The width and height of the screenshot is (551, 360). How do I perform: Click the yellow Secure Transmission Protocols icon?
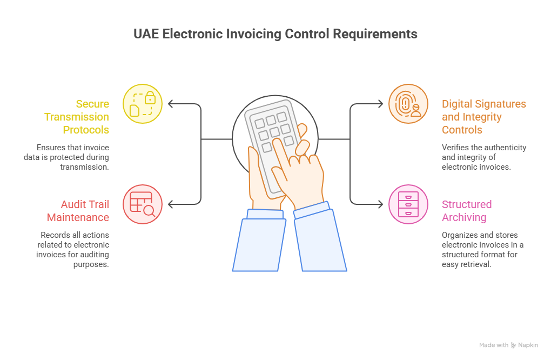click(x=143, y=103)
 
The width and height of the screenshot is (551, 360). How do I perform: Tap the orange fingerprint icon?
click(x=408, y=103)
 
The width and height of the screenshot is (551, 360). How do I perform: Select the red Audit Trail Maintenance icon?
click(x=143, y=204)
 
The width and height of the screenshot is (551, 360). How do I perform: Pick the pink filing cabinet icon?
click(x=408, y=204)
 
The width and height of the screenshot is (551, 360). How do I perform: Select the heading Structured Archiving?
click(x=467, y=211)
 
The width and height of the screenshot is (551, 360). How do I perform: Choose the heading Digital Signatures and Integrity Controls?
click(x=483, y=117)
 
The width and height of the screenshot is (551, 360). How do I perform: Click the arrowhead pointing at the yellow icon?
click(x=171, y=103)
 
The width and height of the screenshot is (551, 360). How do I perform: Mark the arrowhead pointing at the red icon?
click(x=171, y=204)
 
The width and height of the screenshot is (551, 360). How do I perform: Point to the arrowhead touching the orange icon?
click(x=381, y=103)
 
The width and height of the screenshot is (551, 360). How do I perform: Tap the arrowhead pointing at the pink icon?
click(x=381, y=204)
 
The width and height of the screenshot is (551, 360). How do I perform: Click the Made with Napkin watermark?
click(x=508, y=345)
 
